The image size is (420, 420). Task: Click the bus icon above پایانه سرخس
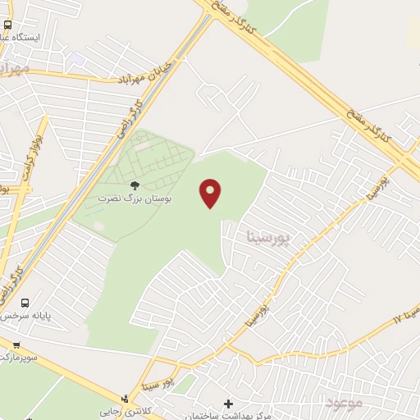[x=25, y=303]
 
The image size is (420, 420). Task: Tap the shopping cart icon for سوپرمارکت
[x=15, y=345]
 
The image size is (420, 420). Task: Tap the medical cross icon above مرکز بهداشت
[x=228, y=404]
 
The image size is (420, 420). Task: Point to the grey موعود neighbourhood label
[x=343, y=402]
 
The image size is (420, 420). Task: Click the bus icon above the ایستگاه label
[x=8, y=25]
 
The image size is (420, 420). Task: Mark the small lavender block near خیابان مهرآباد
[x=77, y=60]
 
